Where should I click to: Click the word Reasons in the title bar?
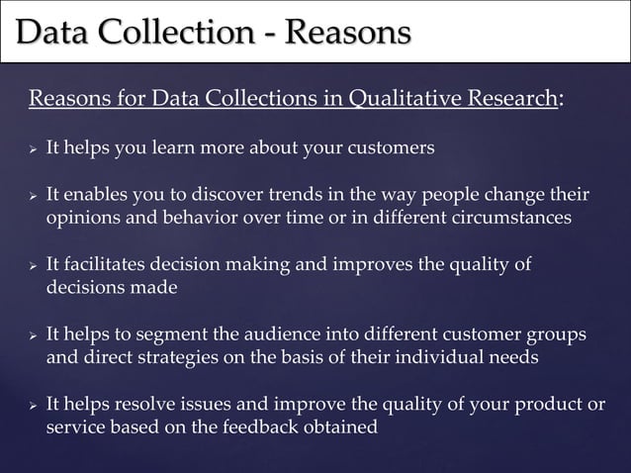346,32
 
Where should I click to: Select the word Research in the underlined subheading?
508,98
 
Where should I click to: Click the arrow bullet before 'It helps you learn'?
32,148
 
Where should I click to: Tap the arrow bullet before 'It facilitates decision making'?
32,264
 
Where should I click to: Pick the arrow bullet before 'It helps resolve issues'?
32,406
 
